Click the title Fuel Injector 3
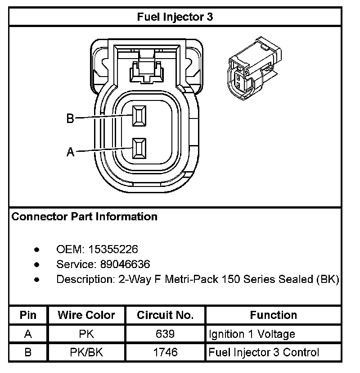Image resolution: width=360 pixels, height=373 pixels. click(x=175, y=17)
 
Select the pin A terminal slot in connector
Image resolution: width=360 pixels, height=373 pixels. click(x=139, y=149)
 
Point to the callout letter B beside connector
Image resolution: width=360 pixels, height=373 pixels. click(x=70, y=118)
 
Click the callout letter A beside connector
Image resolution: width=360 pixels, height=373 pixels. click(x=70, y=152)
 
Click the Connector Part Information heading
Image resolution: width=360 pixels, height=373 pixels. click(x=85, y=217)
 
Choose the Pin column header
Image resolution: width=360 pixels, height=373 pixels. click(x=28, y=315)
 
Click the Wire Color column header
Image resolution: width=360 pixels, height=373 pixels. click(x=86, y=315)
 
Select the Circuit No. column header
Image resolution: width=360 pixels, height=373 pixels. click(x=165, y=315)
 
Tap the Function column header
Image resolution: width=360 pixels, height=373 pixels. click(x=273, y=315)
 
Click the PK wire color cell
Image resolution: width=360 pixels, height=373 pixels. click(x=86, y=334)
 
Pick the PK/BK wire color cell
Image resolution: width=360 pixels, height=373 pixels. click(x=86, y=352)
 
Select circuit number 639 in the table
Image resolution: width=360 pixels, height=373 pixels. click(x=165, y=334)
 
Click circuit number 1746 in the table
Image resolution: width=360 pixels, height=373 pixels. click(x=165, y=352)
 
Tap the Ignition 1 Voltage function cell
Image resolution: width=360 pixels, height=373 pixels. click(x=252, y=334)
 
